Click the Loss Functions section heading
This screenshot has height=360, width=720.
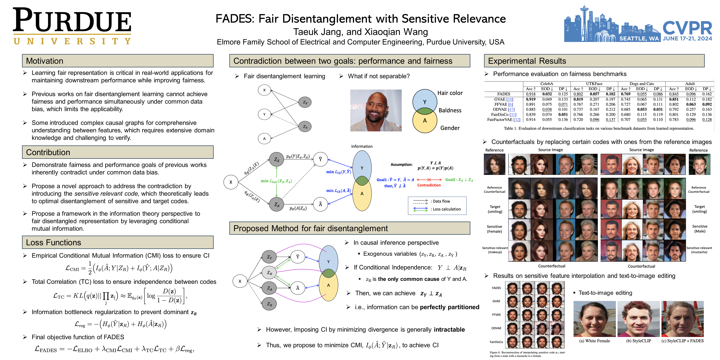53,242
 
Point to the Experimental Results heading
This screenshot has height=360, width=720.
527,61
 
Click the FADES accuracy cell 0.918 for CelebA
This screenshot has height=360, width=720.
530,94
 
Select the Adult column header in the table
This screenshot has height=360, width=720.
690,84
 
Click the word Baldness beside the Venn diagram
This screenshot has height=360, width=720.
450,110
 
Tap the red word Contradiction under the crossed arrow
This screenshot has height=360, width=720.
429,185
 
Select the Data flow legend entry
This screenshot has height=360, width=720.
441,201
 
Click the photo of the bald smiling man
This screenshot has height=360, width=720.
376,110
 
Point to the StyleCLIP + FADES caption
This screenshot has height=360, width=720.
682,341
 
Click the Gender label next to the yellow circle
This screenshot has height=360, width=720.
450,128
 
